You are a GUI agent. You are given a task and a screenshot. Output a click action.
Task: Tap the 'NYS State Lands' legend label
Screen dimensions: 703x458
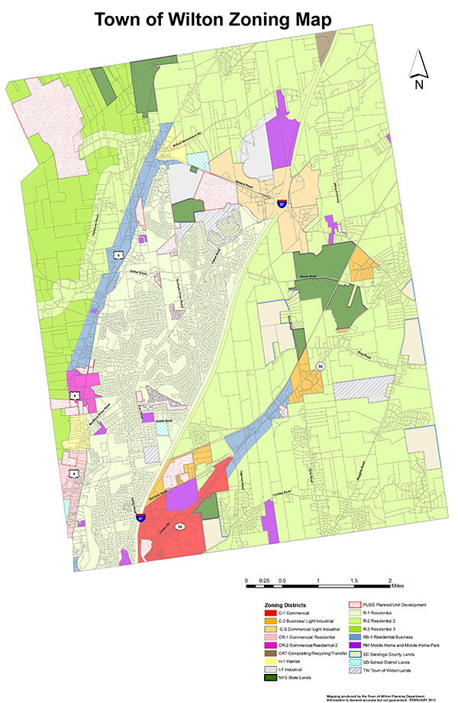coord(295,676)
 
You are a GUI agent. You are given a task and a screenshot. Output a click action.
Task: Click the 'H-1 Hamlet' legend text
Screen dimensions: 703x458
coord(290,656)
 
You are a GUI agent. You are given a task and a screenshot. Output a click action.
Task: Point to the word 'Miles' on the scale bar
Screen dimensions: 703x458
coord(402,587)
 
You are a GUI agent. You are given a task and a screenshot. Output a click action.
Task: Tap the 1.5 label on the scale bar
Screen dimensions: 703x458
coord(353,582)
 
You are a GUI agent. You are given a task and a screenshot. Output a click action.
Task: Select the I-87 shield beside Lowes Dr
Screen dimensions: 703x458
coord(140,518)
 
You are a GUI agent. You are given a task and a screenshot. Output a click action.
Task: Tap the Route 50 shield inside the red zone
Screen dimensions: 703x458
coord(180,527)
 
